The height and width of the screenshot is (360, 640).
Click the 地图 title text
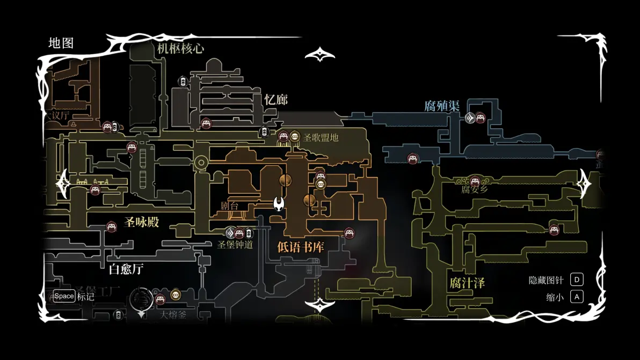61,43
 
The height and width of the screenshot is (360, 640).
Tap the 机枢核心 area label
180,48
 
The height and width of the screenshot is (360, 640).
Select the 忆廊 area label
276,100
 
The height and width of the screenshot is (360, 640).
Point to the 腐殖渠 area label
442,106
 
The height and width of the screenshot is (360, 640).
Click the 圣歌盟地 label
321,137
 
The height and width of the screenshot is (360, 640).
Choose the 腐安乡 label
475,189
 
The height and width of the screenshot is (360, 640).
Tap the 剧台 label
229,205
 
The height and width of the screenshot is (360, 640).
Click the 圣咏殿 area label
142,222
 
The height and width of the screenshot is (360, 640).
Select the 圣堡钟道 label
235,245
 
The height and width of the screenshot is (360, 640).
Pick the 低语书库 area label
301,247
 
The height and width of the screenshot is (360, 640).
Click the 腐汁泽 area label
467,283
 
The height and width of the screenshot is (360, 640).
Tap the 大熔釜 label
173,315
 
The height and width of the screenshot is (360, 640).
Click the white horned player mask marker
279,204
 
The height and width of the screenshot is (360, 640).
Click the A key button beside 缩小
577,297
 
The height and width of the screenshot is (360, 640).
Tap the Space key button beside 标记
64,296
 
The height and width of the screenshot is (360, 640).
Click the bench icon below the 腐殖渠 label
480,117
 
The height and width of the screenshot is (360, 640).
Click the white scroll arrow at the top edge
320,55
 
